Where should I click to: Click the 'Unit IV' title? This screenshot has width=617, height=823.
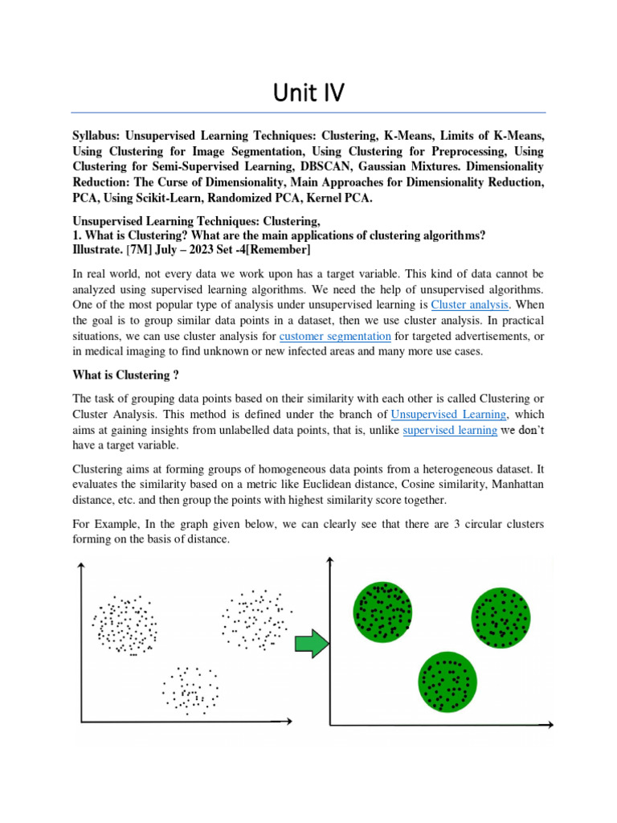[308, 93]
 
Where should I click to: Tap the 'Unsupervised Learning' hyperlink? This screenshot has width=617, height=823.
[448, 414]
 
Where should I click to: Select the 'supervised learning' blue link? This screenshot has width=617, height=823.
[450, 429]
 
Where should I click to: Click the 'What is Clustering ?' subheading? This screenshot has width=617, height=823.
[125, 375]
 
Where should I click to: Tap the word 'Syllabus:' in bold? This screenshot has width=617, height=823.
[101, 136]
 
